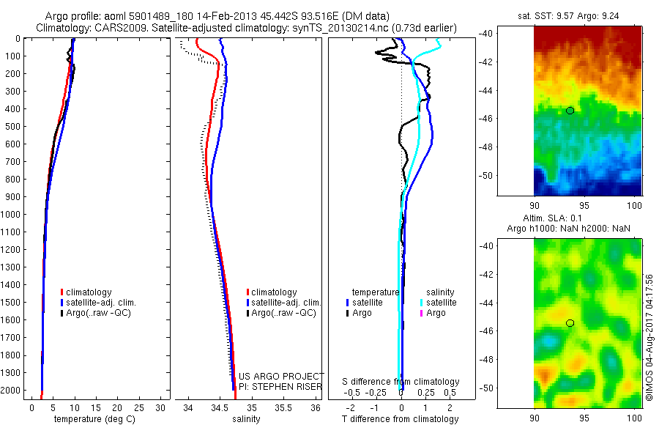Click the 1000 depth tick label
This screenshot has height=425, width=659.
coord(13,215)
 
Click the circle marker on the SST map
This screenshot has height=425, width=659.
coord(570,110)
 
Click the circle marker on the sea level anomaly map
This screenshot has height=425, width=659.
coord(570,323)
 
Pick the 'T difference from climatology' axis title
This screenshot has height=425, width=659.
coord(401,419)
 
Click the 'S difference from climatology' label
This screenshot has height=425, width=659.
coord(401,382)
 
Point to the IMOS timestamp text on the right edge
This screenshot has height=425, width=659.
coord(649,337)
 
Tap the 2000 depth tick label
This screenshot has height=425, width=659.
coord(13,391)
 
